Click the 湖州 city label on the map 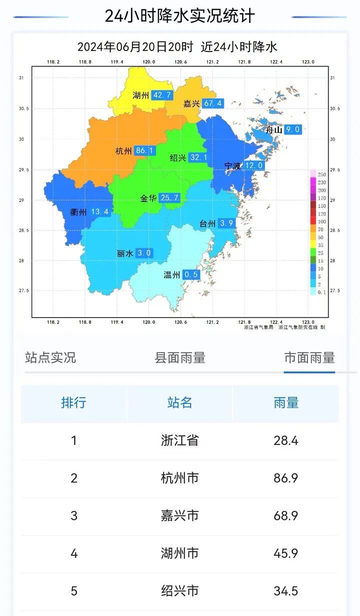140,95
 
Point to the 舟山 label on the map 274,129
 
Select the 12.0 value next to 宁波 253,165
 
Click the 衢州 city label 78,212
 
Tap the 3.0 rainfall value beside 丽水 144,253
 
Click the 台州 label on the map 207,223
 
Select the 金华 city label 148,198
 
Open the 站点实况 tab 50,357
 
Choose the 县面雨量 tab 180,357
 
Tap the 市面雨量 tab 309,357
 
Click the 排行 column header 74,402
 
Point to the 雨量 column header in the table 286,402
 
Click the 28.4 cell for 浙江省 286,440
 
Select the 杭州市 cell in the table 180,478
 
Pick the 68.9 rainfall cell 286,515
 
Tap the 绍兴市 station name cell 180,591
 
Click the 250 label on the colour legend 322,174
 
